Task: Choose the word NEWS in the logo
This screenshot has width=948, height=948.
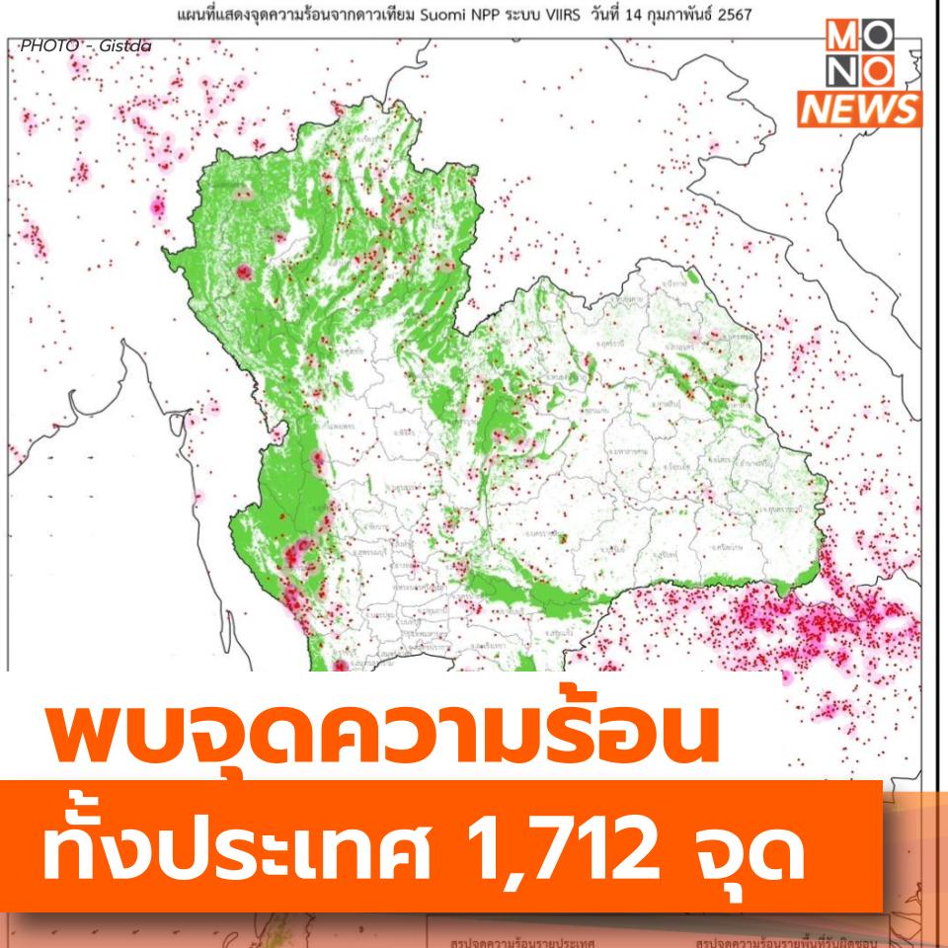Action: (859, 109)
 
